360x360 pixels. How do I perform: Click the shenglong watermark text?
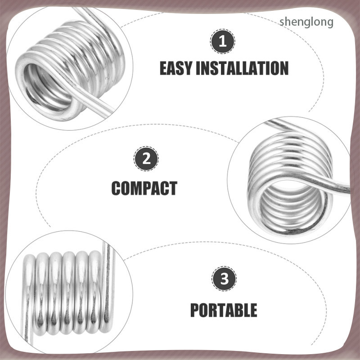[x=306, y=22]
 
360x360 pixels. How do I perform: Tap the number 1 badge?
[x=222, y=41]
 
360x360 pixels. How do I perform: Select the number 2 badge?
[x=146, y=158]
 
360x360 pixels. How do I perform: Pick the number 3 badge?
[x=224, y=279]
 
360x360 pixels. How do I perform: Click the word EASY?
[x=175, y=68]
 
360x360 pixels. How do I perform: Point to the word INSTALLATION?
[x=242, y=68]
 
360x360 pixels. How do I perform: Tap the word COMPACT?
[x=144, y=188]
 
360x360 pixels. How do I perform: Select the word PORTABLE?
[x=224, y=310]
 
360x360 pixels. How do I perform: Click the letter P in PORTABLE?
[x=195, y=310]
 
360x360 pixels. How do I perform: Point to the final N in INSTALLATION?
[x=284, y=68]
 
